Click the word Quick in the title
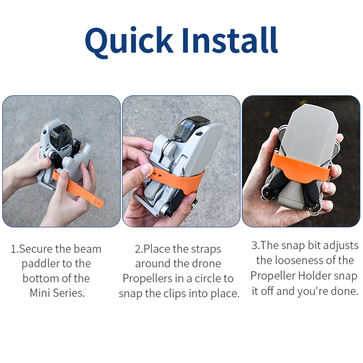(x=129, y=42)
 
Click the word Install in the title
(x=230, y=40)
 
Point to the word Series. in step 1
(x=69, y=293)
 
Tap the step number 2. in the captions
(x=139, y=249)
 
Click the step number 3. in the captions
(x=256, y=246)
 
